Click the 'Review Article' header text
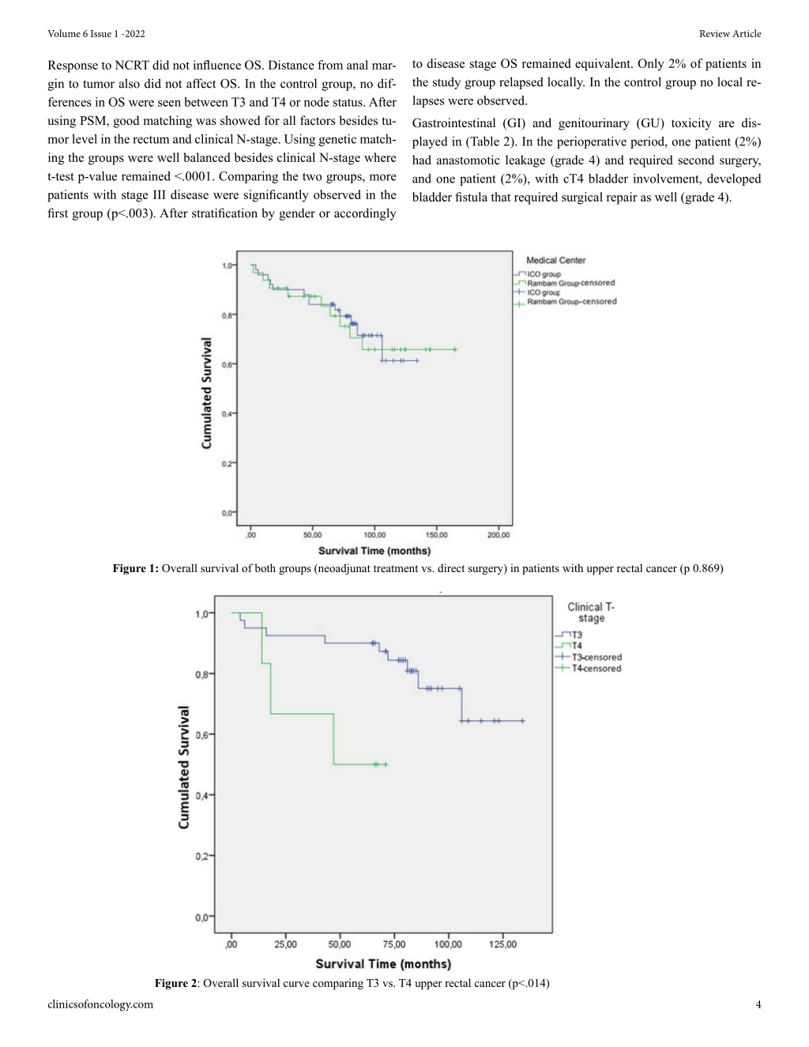click(x=730, y=34)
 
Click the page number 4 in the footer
click(x=758, y=1004)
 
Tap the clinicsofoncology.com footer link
click(x=100, y=1004)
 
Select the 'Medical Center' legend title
click(x=555, y=260)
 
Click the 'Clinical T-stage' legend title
click(x=591, y=612)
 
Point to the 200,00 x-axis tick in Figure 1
click(x=498, y=535)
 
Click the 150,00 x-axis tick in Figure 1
click(x=436, y=535)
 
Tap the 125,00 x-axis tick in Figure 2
click(x=502, y=944)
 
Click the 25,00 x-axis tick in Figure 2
click(x=285, y=944)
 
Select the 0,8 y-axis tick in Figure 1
click(x=228, y=315)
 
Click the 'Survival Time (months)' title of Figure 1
click(x=374, y=551)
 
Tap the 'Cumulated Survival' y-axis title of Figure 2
click(x=183, y=767)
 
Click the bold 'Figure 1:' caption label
click(x=136, y=569)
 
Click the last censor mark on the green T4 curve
click(x=386, y=764)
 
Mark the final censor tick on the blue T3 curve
click(x=523, y=721)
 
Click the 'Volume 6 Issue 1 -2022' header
click(x=96, y=34)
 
